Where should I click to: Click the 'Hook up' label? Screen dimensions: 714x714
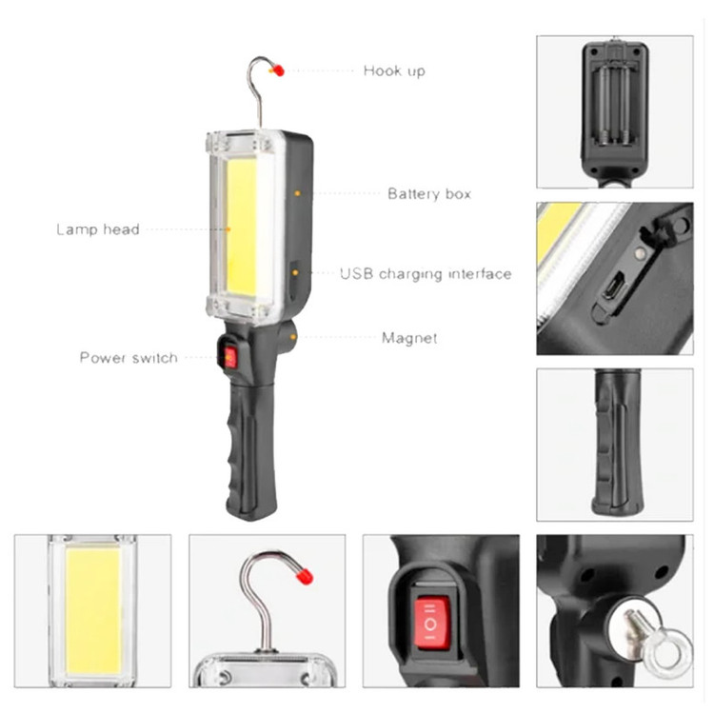click(394, 71)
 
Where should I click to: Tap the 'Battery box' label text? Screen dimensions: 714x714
click(429, 194)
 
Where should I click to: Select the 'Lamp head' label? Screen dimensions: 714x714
click(98, 229)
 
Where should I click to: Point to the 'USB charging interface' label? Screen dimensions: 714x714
click(426, 274)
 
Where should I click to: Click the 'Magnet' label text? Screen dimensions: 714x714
click(409, 338)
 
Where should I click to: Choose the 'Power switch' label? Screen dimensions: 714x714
click(129, 358)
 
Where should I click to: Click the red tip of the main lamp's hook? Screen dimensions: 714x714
click(277, 70)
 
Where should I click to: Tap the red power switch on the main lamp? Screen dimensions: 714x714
click(230, 357)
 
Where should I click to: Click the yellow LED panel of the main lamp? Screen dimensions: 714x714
click(242, 227)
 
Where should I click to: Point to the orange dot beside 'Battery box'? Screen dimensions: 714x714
click(297, 193)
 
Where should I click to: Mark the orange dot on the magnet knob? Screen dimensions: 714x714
click(293, 337)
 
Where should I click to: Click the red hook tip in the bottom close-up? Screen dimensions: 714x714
click(305, 576)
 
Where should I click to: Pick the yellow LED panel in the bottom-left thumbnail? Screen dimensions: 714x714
click(93, 611)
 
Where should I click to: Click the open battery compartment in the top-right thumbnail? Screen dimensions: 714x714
click(614, 105)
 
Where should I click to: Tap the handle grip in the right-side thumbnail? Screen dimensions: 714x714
click(618, 443)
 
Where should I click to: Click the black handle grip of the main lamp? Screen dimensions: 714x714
click(250, 451)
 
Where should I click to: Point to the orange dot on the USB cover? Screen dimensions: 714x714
click(295, 273)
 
